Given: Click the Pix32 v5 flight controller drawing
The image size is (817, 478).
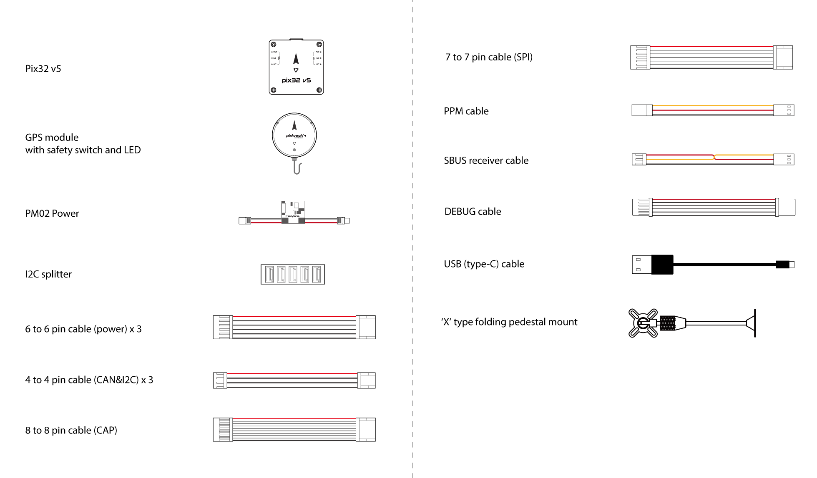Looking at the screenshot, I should click(x=296, y=67).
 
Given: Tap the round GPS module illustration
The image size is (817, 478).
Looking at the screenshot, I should click(x=294, y=136).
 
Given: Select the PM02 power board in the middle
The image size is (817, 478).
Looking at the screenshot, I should click(x=293, y=212).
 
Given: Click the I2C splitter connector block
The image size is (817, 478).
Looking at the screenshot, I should click(x=293, y=274).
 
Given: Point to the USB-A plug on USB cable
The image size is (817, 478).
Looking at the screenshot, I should click(x=642, y=265).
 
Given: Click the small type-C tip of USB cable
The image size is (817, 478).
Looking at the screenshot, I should click(x=791, y=265).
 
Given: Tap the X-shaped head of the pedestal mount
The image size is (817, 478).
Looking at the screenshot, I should click(x=643, y=323).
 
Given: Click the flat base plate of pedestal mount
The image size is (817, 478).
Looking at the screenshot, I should click(x=754, y=323).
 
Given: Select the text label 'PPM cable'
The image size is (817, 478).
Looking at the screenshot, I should click(x=466, y=111).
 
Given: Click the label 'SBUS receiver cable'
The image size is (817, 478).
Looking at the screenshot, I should click(x=486, y=160).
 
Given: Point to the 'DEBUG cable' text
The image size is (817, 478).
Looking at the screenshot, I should click(x=473, y=212).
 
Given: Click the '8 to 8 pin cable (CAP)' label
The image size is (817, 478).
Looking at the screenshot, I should click(x=71, y=430).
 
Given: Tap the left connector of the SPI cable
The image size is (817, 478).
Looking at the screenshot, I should click(x=640, y=58).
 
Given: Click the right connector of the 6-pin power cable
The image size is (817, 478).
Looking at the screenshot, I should click(x=366, y=327).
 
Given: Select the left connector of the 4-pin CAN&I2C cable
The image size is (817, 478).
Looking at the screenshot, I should click(x=220, y=380).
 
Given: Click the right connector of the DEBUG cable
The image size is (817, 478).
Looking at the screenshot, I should click(x=786, y=207).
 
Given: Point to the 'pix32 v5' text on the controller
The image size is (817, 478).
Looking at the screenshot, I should click(x=296, y=80).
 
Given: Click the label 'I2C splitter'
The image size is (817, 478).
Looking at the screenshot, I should click(x=48, y=274).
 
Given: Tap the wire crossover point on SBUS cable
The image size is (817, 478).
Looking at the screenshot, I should click(x=714, y=157).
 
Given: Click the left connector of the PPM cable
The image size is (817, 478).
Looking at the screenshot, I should click(x=642, y=110).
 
